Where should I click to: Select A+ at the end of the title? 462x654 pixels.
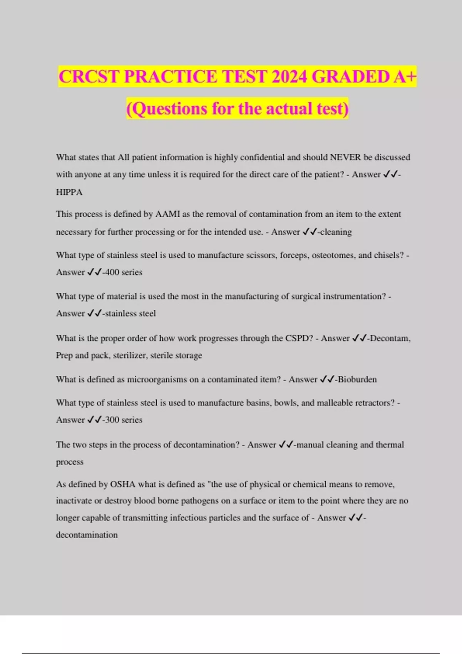pos(404,77)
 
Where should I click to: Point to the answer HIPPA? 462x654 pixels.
pos(69,192)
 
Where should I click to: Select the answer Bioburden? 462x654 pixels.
pos(357,380)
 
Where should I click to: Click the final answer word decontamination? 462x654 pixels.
pos(87,535)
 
